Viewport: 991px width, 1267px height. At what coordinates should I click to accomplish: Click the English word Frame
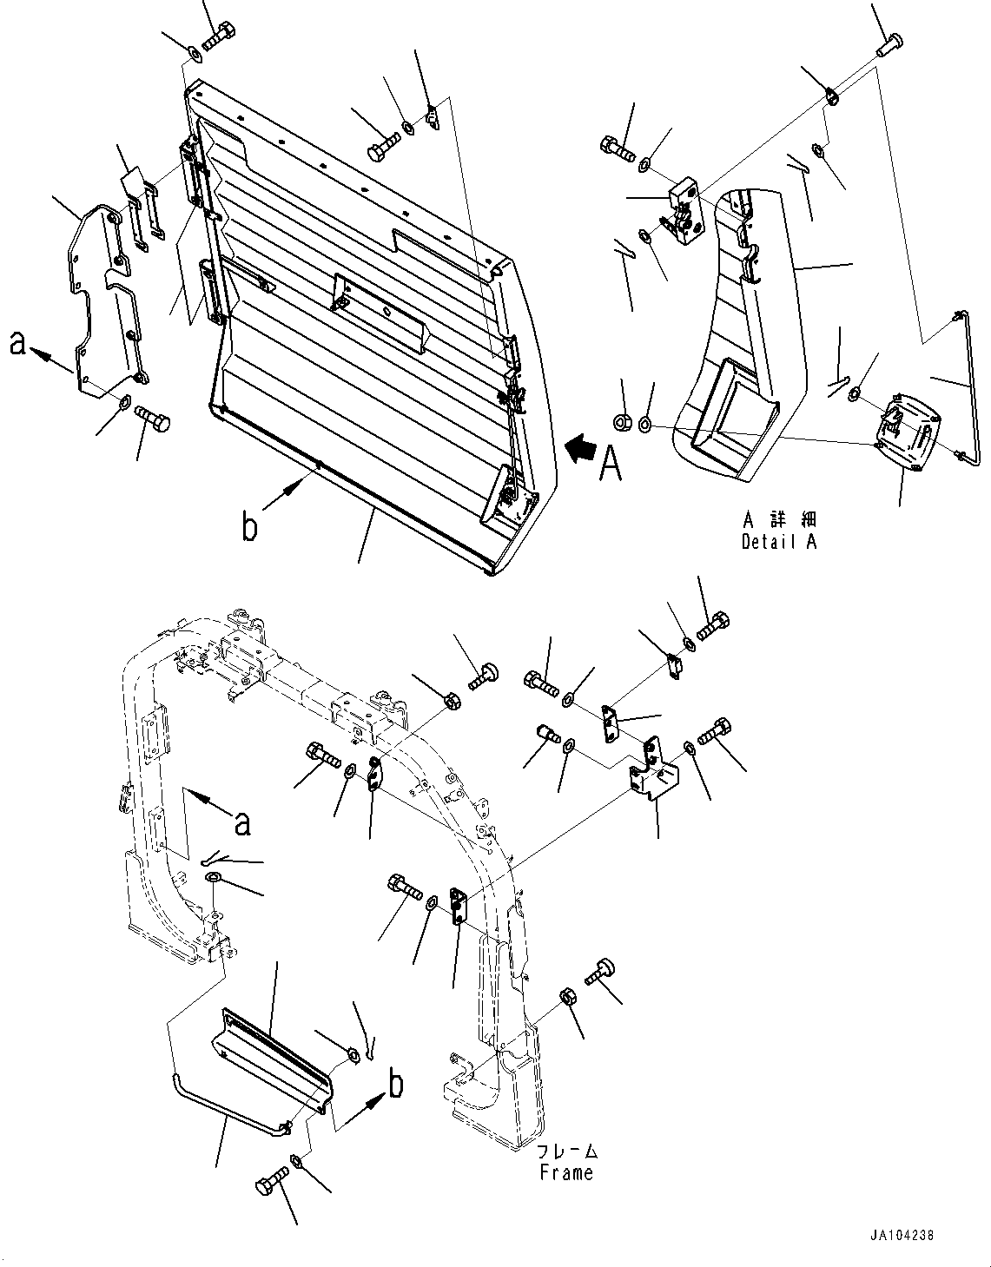pos(565,1172)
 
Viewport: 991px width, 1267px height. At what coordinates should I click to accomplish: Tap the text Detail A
pos(779,541)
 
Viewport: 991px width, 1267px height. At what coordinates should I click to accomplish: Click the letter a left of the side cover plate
pos(17,344)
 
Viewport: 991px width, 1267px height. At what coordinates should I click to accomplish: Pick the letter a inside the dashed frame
pos(243,822)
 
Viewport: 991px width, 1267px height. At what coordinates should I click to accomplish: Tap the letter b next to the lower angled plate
pos(396,1086)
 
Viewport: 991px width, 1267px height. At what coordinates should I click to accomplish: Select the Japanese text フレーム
pos(566,1152)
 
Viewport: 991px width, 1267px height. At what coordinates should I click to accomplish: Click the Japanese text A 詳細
pos(779,520)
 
